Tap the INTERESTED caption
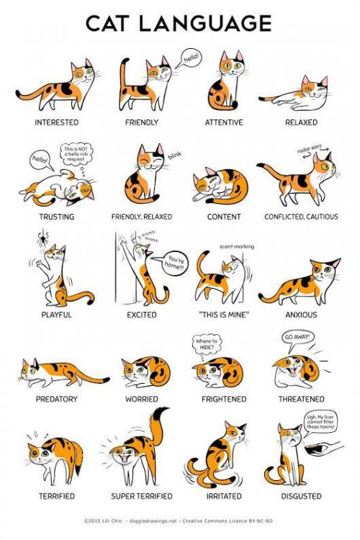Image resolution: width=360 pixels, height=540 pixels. (x=56, y=122)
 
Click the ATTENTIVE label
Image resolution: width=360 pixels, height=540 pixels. (x=224, y=122)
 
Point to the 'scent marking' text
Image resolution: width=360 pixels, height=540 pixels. (x=236, y=246)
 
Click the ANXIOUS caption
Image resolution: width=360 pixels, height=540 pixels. (x=300, y=315)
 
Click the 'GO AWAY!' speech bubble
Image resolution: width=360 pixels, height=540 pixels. (x=296, y=337)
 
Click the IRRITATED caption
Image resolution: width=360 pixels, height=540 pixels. (x=224, y=496)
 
